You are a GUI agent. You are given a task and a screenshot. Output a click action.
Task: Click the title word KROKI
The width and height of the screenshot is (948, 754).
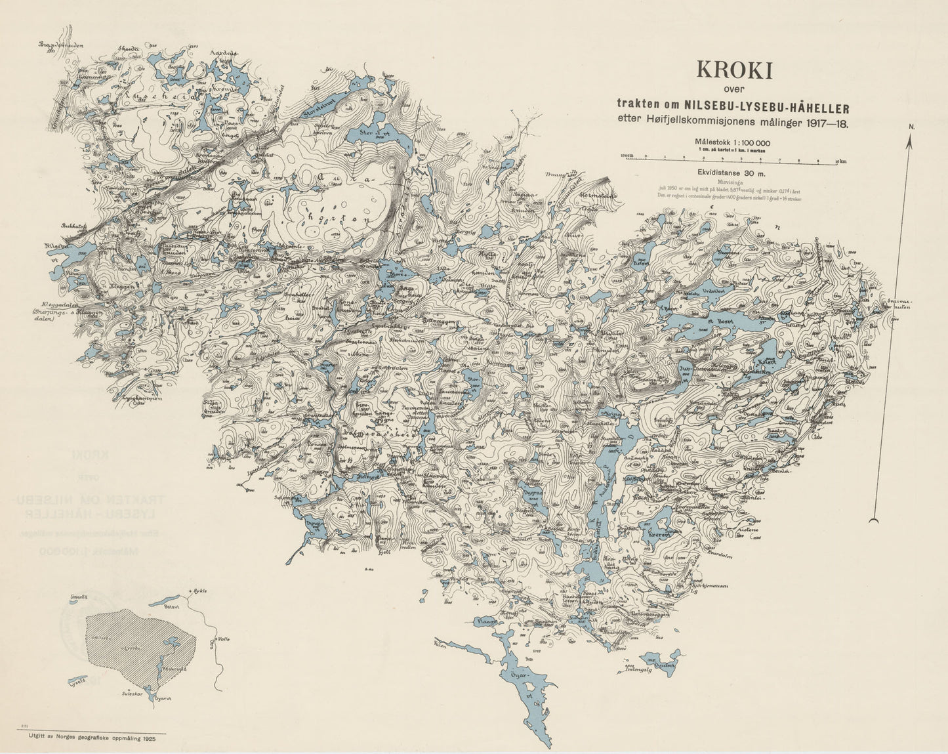pos(734,70)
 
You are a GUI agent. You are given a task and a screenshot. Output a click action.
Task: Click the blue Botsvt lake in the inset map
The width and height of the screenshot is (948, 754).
pos(164,600)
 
